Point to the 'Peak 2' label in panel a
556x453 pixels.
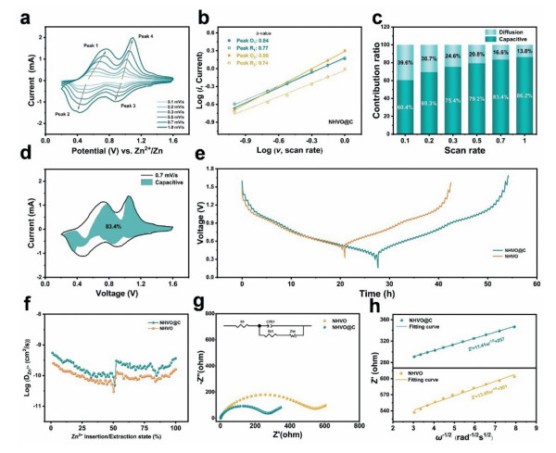pyautogui.click(x=37, y=114)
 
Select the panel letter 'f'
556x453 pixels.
pyautogui.click(x=8, y=301)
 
